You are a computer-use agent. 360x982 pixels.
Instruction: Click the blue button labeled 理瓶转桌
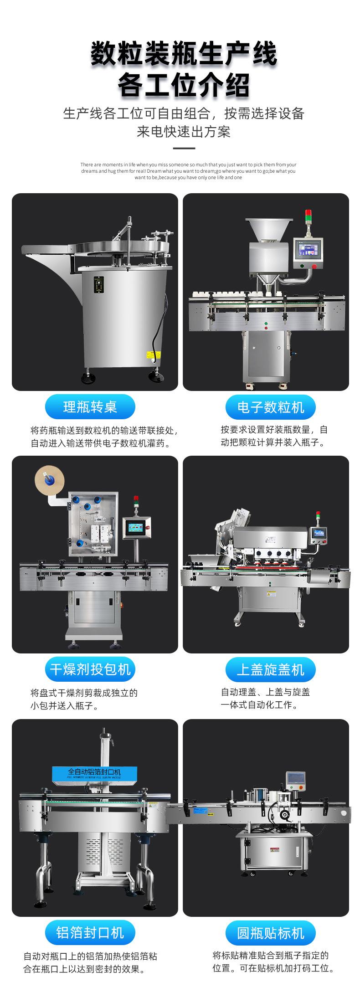[90, 407]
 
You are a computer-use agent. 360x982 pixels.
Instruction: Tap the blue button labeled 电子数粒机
[270, 407]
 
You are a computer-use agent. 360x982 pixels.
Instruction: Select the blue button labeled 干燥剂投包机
[90, 669]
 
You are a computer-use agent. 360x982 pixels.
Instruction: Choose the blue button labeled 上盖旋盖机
[270, 669]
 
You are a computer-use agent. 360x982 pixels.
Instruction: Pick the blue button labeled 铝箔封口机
[90, 932]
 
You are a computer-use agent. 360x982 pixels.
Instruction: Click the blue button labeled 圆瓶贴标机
[270, 932]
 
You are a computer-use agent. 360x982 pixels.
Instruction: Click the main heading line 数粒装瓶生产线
[184, 55]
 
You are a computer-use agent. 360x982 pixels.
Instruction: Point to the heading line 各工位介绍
[184, 85]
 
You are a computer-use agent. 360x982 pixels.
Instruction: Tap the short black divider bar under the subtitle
[184, 148]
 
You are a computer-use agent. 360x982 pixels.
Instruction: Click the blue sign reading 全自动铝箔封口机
[94, 772]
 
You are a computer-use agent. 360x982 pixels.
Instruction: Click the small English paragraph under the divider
[188, 171]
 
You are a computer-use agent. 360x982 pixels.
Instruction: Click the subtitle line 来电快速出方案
[184, 132]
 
